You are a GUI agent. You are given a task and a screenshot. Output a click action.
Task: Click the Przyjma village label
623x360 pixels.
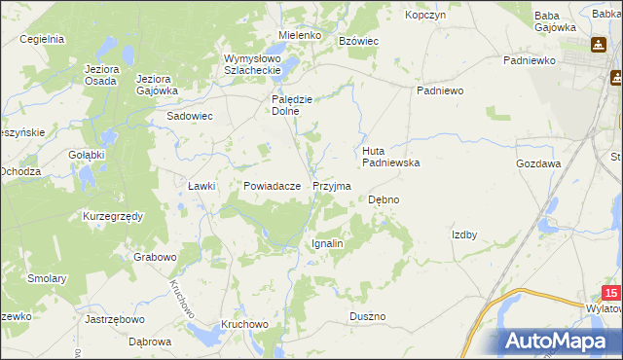[x=331, y=185]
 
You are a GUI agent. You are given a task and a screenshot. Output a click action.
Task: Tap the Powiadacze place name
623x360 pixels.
[x=271, y=185]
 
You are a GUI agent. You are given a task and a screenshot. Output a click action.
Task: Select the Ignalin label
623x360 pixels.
[x=327, y=243]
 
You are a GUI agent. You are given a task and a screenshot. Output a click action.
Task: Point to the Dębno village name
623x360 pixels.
[x=384, y=199]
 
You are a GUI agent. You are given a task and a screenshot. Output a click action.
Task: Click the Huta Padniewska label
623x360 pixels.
[x=390, y=158]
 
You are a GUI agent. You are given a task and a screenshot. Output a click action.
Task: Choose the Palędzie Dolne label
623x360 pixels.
[x=291, y=105]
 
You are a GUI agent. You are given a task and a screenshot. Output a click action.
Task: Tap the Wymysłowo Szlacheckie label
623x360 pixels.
[x=252, y=64]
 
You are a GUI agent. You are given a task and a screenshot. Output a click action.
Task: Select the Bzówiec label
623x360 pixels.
[x=357, y=41]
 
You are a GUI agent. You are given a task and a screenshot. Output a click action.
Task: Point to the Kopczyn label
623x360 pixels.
[x=424, y=16]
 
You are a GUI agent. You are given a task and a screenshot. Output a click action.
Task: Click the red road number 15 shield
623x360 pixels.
[x=610, y=292]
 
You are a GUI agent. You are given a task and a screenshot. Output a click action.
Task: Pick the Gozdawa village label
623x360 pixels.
[x=538, y=164]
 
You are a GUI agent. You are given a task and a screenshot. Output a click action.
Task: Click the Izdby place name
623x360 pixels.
[x=464, y=234]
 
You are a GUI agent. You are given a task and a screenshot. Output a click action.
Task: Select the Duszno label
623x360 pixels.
[x=368, y=317]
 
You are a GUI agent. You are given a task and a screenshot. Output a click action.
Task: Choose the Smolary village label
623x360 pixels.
[x=48, y=278]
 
